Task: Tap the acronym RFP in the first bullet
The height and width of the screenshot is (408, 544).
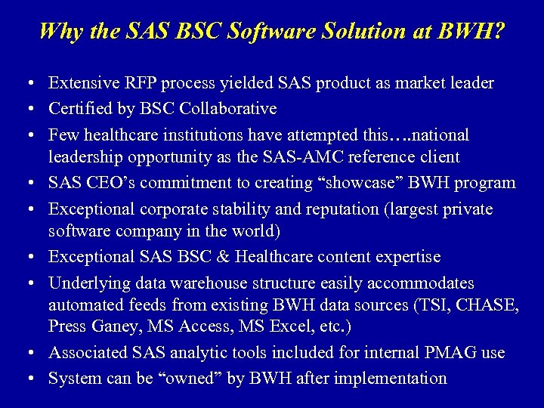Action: [136, 82]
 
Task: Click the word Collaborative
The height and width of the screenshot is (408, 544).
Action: [228, 108]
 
